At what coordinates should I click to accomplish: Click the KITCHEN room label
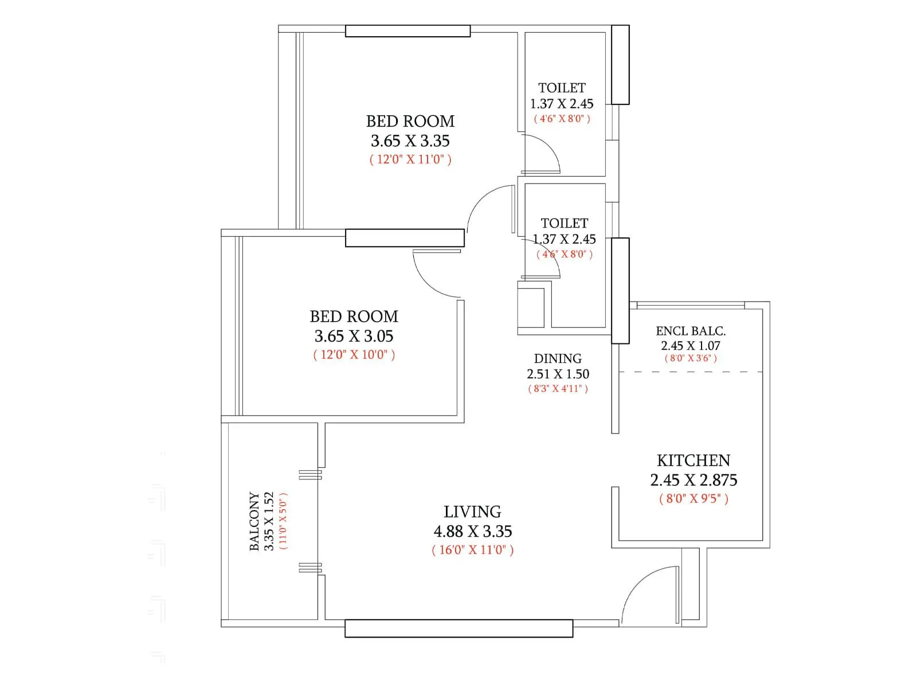(x=693, y=460)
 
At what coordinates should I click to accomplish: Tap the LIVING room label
(x=472, y=511)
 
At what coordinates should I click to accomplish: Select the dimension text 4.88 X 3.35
(x=472, y=531)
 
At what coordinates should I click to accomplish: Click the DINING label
(x=558, y=358)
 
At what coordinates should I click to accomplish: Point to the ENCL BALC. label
(x=691, y=331)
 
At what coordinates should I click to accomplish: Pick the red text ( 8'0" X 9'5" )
(x=693, y=498)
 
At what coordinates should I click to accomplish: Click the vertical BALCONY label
(x=254, y=521)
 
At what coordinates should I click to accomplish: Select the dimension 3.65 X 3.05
(x=354, y=336)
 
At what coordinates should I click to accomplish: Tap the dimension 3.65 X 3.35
(x=410, y=140)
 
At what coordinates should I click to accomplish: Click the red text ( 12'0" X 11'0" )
(x=410, y=159)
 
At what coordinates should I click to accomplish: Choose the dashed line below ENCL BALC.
(x=691, y=372)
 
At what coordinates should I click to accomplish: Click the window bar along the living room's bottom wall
(x=458, y=628)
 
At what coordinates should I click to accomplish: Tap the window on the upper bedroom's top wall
(x=407, y=31)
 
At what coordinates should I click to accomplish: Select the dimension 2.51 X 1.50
(x=558, y=374)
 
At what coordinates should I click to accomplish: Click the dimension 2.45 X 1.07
(x=691, y=346)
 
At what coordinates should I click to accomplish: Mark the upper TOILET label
(x=562, y=88)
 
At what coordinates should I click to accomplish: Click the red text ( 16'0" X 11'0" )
(x=472, y=550)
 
